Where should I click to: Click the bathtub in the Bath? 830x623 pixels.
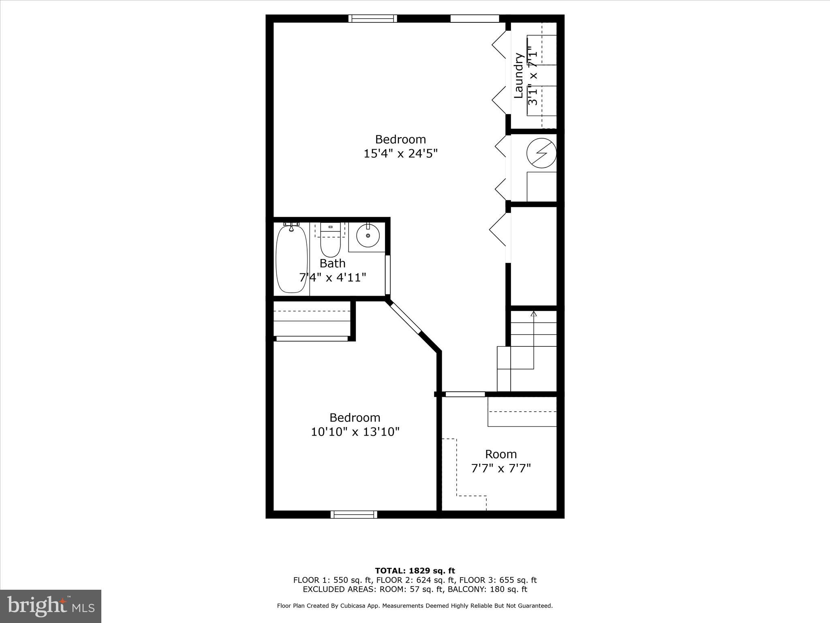click(291, 260)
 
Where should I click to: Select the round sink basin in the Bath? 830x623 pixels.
click(368, 236)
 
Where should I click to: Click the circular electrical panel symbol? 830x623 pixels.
click(541, 153)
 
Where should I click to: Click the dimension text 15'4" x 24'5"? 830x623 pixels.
click(400, 154)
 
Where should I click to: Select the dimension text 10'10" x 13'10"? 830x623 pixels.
click(355, 432)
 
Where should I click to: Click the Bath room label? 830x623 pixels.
click(332, 263)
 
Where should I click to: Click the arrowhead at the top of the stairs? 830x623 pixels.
click(533, 314)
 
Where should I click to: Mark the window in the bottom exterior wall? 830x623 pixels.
click(354, 514)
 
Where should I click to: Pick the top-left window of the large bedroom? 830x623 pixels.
click(372, 19)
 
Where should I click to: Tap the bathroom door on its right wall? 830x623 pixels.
click(387, 275)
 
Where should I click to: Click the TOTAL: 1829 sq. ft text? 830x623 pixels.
click(415, 571)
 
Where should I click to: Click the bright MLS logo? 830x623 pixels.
click(50, 606)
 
